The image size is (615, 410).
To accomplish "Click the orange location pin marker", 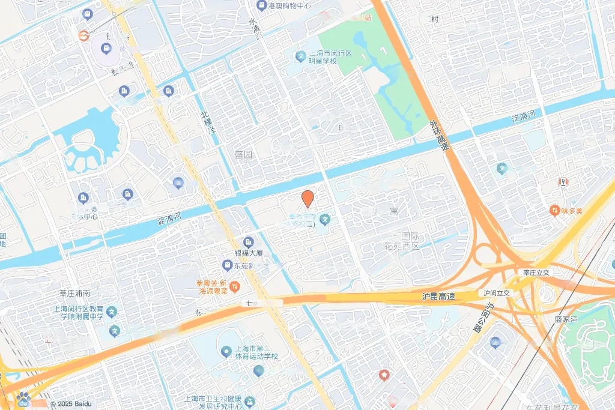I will [307, 199].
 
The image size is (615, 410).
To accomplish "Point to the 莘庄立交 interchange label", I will [536, 272].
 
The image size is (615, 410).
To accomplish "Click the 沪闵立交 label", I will [497, 293].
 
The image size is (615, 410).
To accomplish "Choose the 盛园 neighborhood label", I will [243, 154].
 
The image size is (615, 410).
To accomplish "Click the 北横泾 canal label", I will [208, 122].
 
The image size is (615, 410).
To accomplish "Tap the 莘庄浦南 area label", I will [74, 294].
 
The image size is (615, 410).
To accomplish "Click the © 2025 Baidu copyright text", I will [71, 405].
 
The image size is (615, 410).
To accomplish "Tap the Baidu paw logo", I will [23, 398].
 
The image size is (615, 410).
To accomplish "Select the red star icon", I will [384, 375].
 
